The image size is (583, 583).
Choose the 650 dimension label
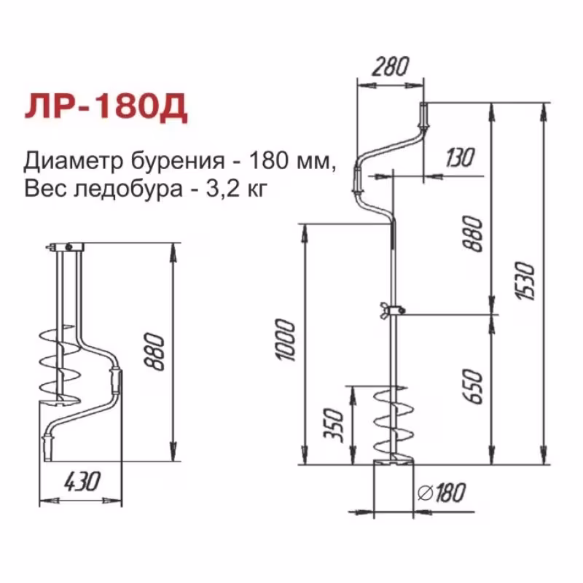(473, 386)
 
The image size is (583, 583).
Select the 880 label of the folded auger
(155, 353)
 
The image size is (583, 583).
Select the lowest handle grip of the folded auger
(49, 442)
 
